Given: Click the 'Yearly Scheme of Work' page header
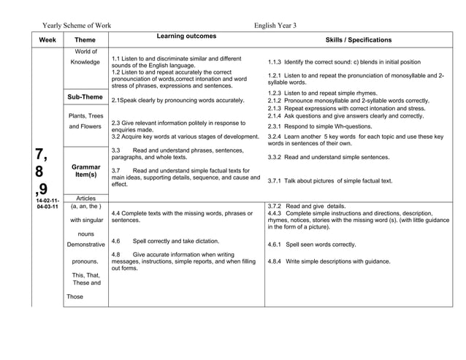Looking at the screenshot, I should tap(76, 25).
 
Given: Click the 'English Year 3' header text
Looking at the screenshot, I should tap(275, 25).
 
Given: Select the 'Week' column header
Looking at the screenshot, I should tap(47, 40).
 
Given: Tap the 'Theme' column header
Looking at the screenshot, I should tap(85, 40).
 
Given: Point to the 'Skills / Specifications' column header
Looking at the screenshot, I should tap(358, 40).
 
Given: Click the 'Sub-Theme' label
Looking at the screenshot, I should tap(85, 97).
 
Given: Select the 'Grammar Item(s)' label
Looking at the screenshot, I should tap(85, 172).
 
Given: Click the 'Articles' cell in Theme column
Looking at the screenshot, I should tap(85, 198).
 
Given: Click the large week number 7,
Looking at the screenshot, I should tap(42, 154).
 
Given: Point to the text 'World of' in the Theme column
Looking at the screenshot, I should tap(85, 51).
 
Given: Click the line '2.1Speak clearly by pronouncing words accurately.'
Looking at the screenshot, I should tap(177, 100).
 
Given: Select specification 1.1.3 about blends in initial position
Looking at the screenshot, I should tap(344, 62).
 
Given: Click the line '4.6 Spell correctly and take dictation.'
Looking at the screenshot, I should tap(165, 240).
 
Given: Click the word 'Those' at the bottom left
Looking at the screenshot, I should tap(75, 296).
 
